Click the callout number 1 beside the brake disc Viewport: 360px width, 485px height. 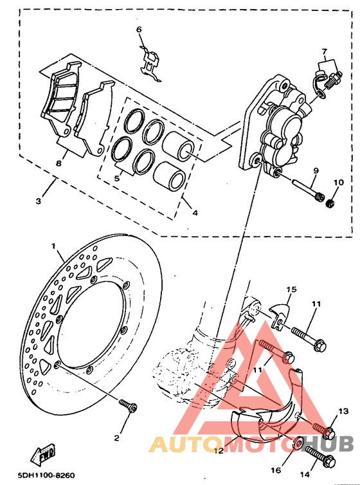(x=55, y=246)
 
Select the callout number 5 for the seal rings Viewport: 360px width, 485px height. (x=116, y=179)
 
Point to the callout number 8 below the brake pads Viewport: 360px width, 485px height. (x=58, y=163)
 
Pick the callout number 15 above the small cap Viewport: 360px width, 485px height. (x=290, y=289)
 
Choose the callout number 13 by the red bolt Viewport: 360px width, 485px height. (x=343, y=410)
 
